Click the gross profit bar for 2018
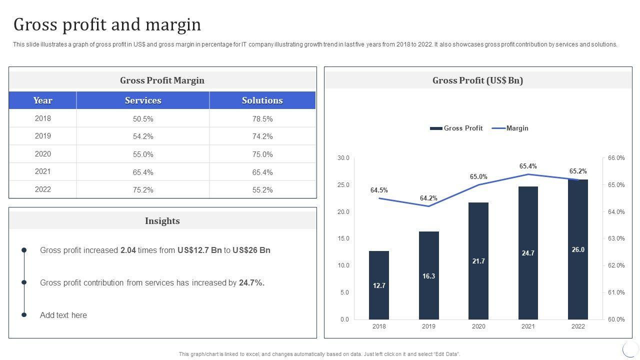pos(378,285)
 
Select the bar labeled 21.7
pos(478,260)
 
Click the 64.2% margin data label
pos(428,198)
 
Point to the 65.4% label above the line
pos(528,166)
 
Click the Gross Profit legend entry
pos(456,128)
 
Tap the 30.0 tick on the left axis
pos(343,158)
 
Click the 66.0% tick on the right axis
pos(616,158)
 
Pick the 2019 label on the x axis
pos(428,326)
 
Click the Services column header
pos(143,100)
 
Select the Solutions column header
pos(262,100)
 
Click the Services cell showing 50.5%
pos(143,119)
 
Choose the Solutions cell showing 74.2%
pos(262,136)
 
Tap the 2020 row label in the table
pos(43,154)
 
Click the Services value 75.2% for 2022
pos(143,190)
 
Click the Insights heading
pos(162,220)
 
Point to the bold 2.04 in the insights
pos(128,250)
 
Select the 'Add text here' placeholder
pos(63,315)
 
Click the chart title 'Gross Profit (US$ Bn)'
pos(477,80)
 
